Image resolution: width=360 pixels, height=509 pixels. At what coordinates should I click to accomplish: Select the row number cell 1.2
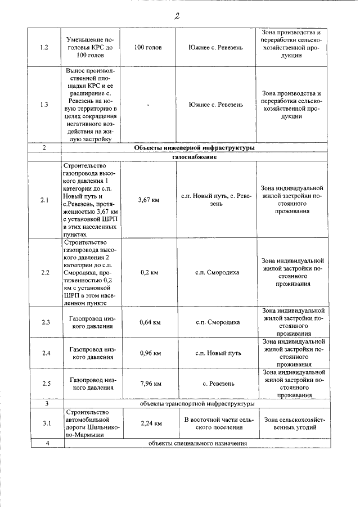click(45, 48)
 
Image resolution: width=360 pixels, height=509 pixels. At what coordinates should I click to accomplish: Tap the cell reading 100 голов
click(148, 48)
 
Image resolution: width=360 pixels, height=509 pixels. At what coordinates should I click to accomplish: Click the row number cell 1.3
click(45, 105)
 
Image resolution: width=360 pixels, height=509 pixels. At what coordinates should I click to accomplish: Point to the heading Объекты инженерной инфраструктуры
click(195, 147)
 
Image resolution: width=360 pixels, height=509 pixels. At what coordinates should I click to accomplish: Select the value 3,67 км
click(148, 200)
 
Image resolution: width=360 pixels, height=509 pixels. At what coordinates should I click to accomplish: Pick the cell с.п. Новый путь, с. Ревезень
click(216, 200)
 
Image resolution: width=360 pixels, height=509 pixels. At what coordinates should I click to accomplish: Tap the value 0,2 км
click(148, 272)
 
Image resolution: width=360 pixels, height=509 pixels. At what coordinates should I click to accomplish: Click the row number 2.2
click(45, 272)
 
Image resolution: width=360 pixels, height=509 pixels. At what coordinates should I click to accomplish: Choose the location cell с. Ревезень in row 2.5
click(216, 384)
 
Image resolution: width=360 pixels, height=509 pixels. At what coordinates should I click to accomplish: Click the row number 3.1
click(45, 424)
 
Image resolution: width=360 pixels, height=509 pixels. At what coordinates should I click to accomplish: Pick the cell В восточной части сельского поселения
click(216, 424)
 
